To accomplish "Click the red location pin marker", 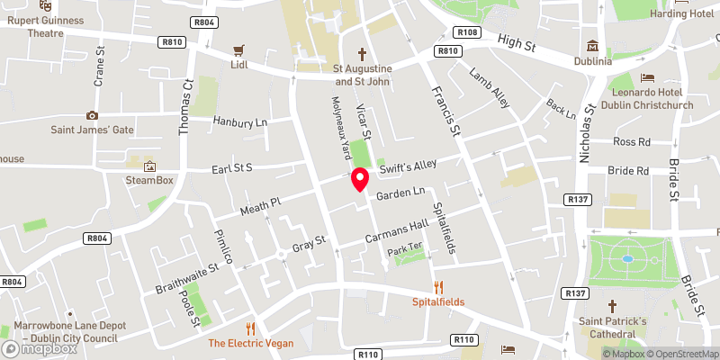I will pos(360,179).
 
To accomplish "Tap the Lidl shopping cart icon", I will pos(238,50).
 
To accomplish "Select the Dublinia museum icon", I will pos(592,46).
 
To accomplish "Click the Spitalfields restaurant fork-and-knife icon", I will pos(438,286).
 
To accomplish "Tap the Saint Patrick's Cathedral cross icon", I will pos(612,305).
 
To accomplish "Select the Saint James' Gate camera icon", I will pos(92,115).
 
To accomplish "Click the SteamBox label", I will pos(148,180).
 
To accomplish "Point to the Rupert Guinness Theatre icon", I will pos(45,5).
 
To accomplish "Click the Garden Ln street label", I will pos(400,194).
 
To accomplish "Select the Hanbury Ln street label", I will pos(241,121).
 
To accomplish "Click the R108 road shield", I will pos(467,33).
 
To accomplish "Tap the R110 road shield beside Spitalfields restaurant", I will pos(464,339).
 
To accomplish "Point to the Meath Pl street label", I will pos(261,209).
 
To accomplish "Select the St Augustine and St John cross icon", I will pos(363,53).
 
